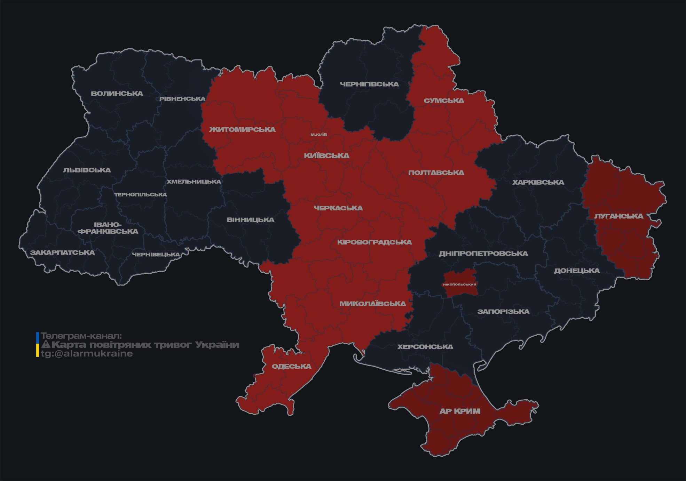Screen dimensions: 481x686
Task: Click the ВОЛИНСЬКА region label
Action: [117, 94]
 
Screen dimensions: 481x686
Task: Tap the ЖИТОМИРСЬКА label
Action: [242, 130]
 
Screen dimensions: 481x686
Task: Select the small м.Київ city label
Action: [319, 135]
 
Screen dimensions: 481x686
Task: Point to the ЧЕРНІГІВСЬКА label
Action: [369, 84]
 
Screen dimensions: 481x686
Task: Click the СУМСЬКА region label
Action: [444, 101]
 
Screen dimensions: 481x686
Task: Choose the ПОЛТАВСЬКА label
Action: [436, 173]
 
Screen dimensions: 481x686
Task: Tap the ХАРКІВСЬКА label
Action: [538, 183]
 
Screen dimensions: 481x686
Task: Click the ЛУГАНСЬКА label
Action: [618, 216]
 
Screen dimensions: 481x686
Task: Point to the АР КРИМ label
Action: [460, 411]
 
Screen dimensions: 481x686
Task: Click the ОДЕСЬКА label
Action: [291, 367]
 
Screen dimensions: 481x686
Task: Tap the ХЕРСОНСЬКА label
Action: [425, 347]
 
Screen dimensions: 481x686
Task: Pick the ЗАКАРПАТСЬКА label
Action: [62, 253]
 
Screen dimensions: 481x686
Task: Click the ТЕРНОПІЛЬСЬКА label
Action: [141, 195]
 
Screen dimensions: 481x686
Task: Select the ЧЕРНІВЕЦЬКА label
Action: [156, 255]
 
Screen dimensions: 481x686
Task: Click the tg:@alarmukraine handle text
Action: [87, 354]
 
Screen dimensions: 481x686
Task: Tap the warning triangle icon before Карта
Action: [46, 345]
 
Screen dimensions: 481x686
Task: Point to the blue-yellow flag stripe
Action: [38, 345]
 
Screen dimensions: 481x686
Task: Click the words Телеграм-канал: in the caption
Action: [81, 336]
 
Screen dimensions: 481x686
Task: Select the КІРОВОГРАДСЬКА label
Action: [374, 242]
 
